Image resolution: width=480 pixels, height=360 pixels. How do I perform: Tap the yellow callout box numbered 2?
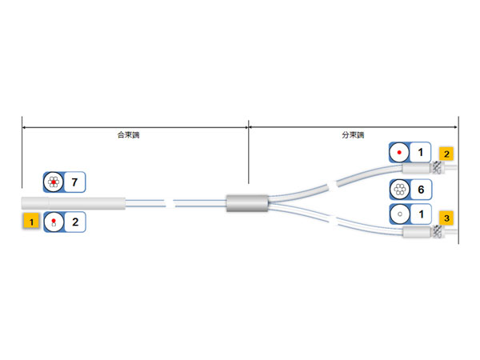click(446, 153)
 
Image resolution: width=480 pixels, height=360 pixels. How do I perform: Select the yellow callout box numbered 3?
click(446, 216)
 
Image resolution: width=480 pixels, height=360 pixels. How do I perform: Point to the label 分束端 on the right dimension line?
click(353, 135)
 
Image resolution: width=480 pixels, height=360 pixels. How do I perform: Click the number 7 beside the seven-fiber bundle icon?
click(74, 182)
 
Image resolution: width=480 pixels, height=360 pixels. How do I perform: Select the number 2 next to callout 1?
click(74, 222)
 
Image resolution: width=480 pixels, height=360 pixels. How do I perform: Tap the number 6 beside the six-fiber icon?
click(420, 190)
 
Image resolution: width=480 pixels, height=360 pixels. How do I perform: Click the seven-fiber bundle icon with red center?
click(54, 182)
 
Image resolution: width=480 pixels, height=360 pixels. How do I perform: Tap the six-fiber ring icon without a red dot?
click(400, 190)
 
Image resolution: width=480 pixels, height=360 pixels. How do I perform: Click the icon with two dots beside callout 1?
click(54, 222)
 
